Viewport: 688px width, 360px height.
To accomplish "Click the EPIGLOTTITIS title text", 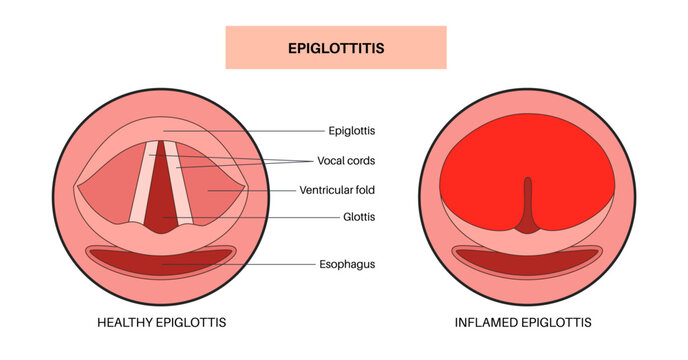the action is point(335,47).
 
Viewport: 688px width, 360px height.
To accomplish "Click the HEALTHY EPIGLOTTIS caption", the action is point(162,322).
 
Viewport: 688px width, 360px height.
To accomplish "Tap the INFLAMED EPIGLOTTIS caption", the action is point(522,322).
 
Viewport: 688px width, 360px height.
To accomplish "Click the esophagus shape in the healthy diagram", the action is point(161,262).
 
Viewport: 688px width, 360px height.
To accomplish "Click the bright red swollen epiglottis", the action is point(470,180).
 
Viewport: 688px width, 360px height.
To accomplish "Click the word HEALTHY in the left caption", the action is point(127,322).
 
